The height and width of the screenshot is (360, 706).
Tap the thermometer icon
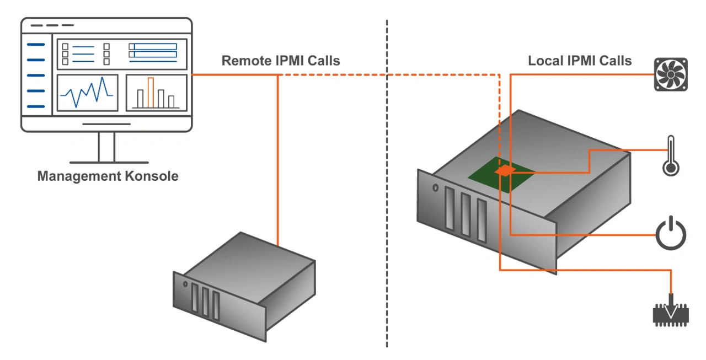pyautogui.click(x=670, y=156)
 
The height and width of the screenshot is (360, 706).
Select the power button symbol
pyautogui.click(x=671, y=234)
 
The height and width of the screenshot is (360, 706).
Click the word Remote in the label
pyautogui.click(x=246, y=61)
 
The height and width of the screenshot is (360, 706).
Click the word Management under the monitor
pyautogui.click(x=75, y=176)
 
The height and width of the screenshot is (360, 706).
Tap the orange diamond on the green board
pyautogui.click(x=505, y=171)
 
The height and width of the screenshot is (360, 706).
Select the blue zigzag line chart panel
pyautogui.click(x=87, y=93)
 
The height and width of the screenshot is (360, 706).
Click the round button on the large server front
pyautogui.click(x=436, y=188)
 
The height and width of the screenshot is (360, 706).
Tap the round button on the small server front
pyautogui.click(x=185, y=284)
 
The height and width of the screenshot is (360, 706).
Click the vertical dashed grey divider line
pyautogui.click(x=387, y=221)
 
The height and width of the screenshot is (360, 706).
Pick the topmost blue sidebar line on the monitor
pyautogui.click(x=36, y=45)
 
